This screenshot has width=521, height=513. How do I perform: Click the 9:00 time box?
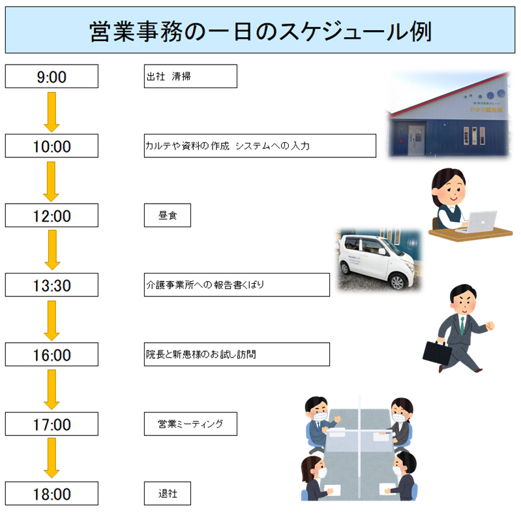click(x=52, y=76)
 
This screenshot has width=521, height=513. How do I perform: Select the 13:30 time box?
click(x=52, y=285)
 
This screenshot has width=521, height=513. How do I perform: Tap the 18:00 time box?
click(x=52, y=494)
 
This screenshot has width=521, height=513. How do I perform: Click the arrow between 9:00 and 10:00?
click(x=52, y=111)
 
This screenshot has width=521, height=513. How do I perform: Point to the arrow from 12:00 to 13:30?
click(x=52, y=250)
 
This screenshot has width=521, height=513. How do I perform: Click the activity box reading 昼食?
click(x=167, y=215)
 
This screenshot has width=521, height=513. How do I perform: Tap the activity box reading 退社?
click(x=167, y=493)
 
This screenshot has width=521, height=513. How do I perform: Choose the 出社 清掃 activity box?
click(x=190, y=76)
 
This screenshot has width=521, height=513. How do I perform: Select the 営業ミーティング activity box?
click(x=190, y=424)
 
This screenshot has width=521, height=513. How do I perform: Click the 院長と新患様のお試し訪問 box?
click(x=237, y=354)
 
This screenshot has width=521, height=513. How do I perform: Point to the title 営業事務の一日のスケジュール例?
click(x=260, y=30)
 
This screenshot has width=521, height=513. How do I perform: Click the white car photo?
click(x=378, y=260)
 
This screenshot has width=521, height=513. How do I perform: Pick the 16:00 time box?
click(x=52, y=354)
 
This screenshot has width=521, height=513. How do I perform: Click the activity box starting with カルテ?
click(x=260, y=146)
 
